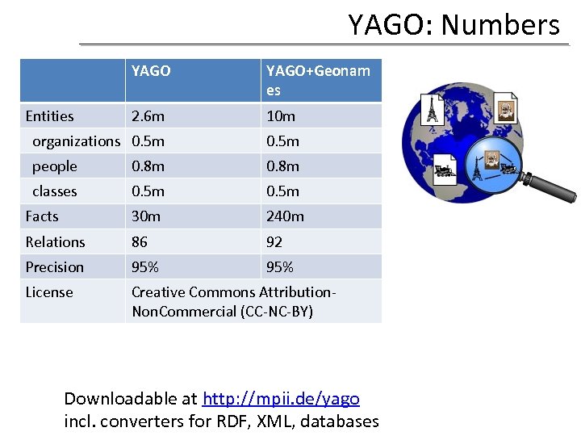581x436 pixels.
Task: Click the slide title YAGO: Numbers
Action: pyautogui.click(x=454, y=24)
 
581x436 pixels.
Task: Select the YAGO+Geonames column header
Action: pyautogui.click(x=318, y=80)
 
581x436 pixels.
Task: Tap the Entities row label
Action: pyautogui.click(x=49, y=116)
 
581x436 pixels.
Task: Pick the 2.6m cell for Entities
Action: pyautogui.click(x=148, y=116)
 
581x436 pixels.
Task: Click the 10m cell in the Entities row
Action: pyautogui.click(x=281, y=116)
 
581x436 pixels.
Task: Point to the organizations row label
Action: pyautogui.click(x=76, y=141)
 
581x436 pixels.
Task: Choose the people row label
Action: pyautogui.click(x=55, y=166)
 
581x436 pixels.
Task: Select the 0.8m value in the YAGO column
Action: pyautogui.click(x=148, y=166)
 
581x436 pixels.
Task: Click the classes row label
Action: pyautogui.click(x=55, y=191)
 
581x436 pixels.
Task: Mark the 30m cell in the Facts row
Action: pyautogui.click(x=146, y=216)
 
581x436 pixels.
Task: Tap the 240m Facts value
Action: pyautogui.click(x=285, y=216)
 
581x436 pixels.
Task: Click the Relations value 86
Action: pyautogui.click(x=140, y=241)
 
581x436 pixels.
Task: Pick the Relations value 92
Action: pyautogui.click(x=274, y=241)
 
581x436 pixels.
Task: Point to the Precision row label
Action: pyautogui.click(x=54, y=267)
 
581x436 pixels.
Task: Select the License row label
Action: pyautogui.click(x=49, y=292)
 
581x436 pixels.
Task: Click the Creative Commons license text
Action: pyautogui.click(x=233, y=301)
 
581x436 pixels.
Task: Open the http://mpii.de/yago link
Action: pyautogui.click(x=281, y=399)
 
